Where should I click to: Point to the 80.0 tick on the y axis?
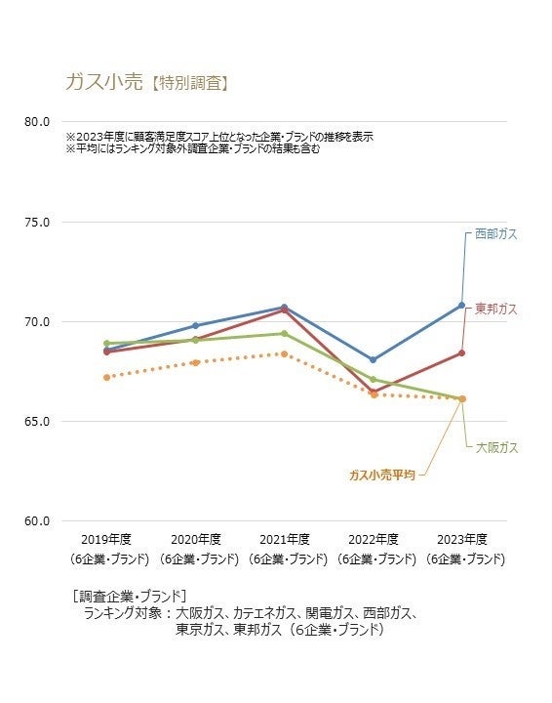click(x=37, y=122)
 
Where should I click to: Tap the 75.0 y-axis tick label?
click(x=37, y=222)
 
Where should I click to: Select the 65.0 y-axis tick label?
click(x=37, y=421)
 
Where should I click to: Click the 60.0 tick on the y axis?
click(x=37, y=521)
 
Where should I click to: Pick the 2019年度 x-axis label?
click(x=106, y=539)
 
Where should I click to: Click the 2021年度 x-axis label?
click(x=284, y=539)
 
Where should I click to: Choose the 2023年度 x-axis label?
click(x=461, y=539)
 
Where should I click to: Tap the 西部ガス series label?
click(x=495, y=234)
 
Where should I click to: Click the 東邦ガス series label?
click(x=495, y=309)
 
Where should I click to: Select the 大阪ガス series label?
click(x=496, y=447)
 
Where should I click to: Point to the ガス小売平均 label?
click(x=382, y=475)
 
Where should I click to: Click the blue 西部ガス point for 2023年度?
click(x=462, y=305)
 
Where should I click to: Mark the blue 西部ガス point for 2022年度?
click(x=373, y=359)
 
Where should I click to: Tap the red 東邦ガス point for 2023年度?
click(x=462, y=352)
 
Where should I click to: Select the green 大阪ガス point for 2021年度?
click(x=284, y=333)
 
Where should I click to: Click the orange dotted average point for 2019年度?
click(x=106, y=377)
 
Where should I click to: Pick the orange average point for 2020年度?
click(x=195, y=362)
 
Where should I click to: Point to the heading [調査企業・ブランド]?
click(x=130, y=595)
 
